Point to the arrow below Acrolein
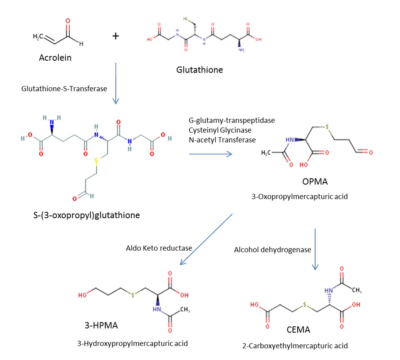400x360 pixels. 116,83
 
